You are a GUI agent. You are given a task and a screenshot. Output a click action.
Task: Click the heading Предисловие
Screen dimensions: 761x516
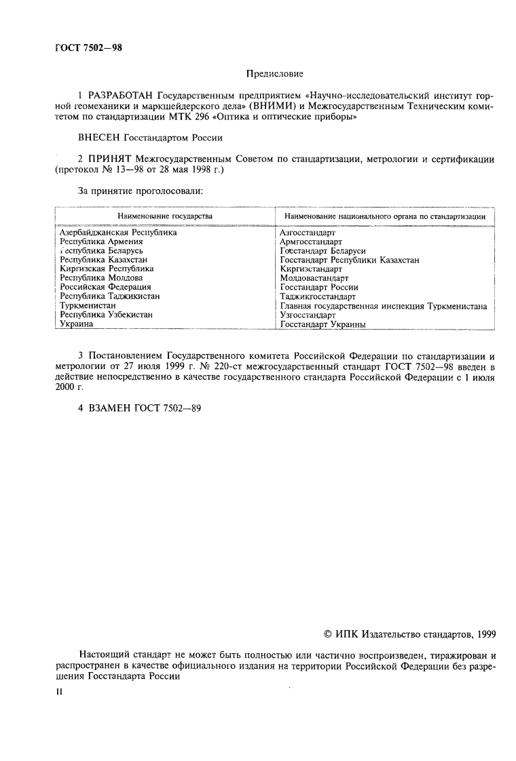274,73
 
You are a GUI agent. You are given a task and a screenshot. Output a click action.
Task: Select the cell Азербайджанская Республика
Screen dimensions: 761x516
118,233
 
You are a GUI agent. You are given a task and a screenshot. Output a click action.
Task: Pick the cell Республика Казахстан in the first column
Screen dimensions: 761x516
103,260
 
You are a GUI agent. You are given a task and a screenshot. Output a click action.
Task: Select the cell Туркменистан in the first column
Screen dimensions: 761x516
88,306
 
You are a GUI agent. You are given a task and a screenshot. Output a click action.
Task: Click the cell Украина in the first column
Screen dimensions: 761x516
76,324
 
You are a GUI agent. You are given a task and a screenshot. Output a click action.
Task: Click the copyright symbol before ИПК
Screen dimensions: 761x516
329,635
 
